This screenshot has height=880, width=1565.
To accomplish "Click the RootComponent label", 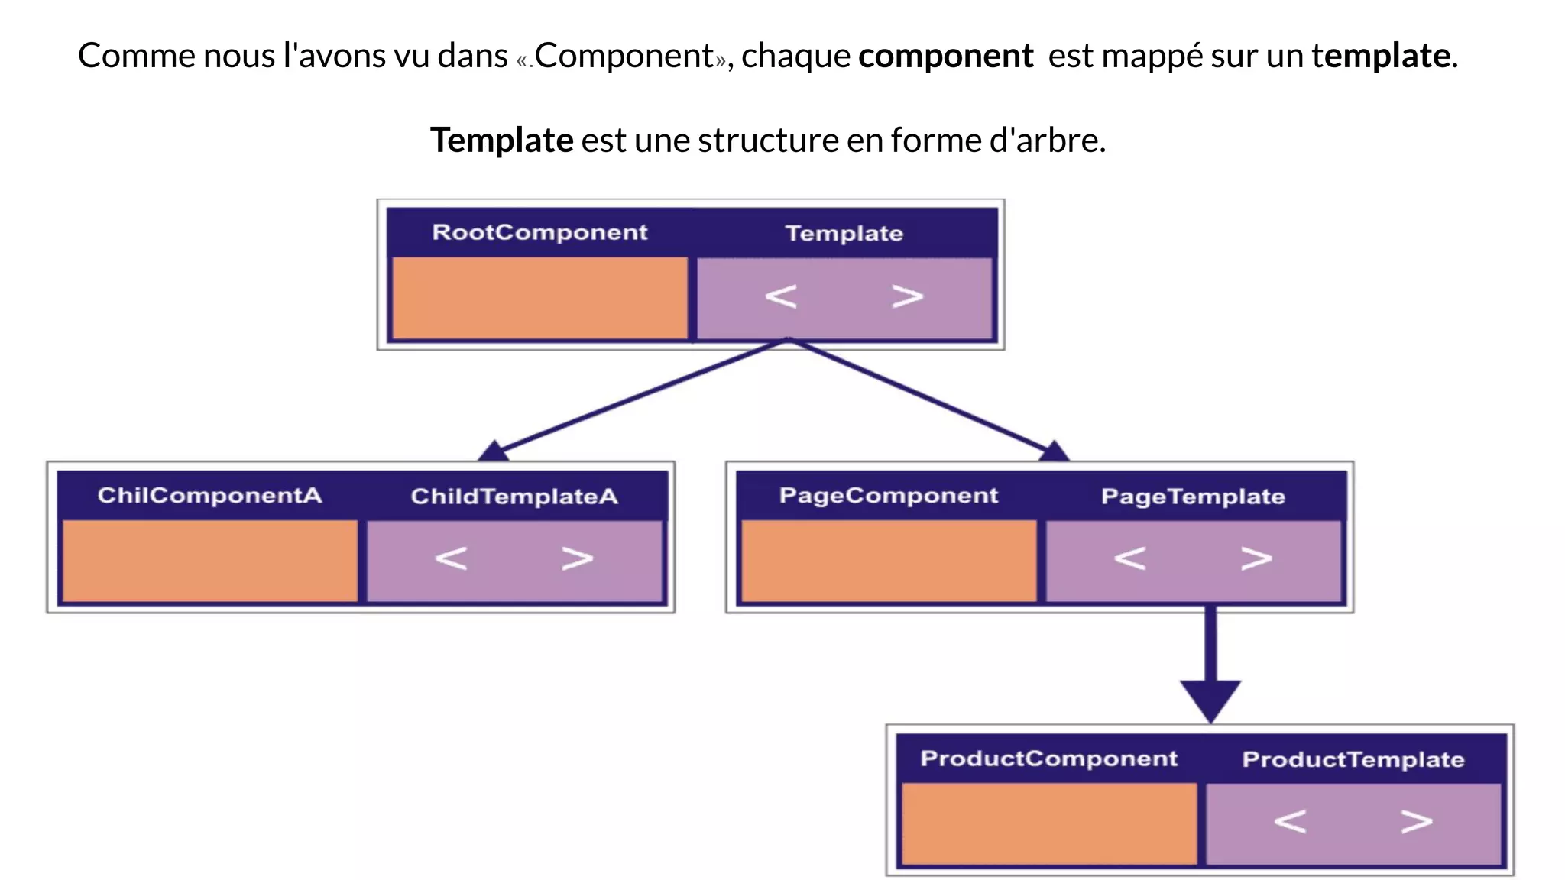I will (539, 232).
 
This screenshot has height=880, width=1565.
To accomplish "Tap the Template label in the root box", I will (844, 233).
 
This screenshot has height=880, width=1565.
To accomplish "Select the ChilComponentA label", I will (209, 496).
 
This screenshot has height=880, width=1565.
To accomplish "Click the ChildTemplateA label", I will (514, 497).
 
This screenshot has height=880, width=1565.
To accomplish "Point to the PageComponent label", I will (888, 496).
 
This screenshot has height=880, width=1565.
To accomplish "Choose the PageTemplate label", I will (1192, 497).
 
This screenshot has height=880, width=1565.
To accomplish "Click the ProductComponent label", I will (1048, 759).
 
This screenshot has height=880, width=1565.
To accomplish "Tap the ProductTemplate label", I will (1353, 759).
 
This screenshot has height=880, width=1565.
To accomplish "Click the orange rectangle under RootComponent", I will (539, 297).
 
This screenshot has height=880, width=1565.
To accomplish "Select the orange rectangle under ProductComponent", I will (1048, 823).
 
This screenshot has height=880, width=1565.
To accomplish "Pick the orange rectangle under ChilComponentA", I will (209, 561).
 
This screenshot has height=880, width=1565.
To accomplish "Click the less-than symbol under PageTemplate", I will (1129, 558).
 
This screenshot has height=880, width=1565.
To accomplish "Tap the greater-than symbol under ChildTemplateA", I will (577, 558).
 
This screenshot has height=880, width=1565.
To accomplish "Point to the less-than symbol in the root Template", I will (781, 296).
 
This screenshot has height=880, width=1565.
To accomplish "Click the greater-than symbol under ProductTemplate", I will (1416, 822).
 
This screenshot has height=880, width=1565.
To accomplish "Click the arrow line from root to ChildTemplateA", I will (642, 396).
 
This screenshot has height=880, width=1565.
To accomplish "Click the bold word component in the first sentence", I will (945, 56).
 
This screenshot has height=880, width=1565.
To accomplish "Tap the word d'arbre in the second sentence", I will (1047, 141).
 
